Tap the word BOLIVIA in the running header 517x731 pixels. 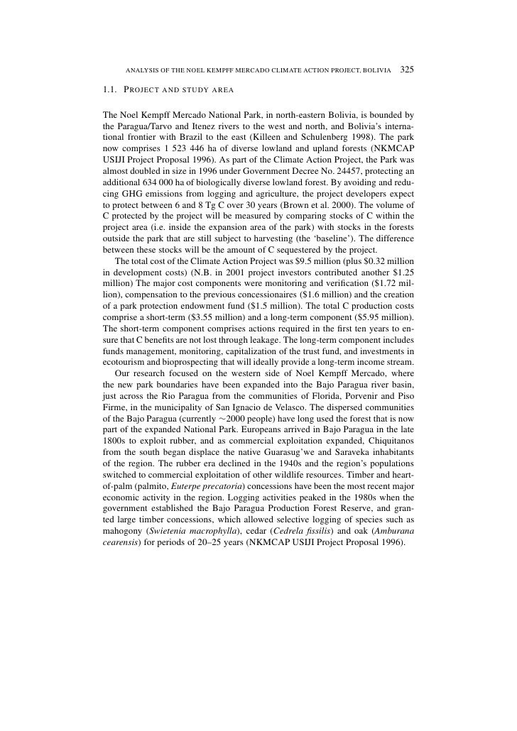click(x=377, y=71)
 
